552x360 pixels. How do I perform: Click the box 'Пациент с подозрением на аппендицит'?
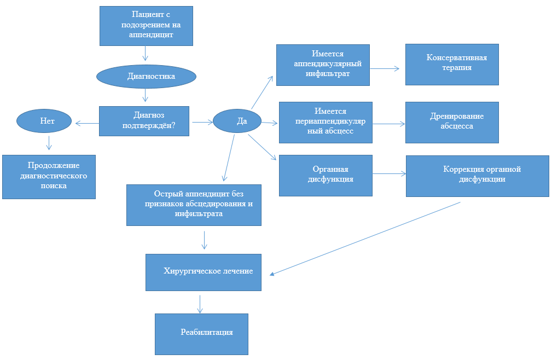click(x=146, y=26)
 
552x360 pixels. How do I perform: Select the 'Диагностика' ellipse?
click(x=146, y=77)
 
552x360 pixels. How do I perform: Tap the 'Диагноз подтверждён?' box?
click(x=144, y=121)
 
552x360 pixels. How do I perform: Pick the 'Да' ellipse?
click(x=237, y=121)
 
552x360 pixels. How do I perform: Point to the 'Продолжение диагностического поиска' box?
click(x=49, y=176)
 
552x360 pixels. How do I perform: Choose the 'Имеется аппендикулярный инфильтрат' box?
click(x=323, y=65)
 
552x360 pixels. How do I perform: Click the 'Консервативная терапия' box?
click(x=452, y=64)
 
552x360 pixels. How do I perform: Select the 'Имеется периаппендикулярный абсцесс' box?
click(x=326, y=122)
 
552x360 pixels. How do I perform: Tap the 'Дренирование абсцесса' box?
click(x=452, y=122)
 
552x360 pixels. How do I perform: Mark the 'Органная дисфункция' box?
click(x=326, y=175)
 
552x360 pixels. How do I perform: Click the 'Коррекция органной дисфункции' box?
click(x=477, y=175)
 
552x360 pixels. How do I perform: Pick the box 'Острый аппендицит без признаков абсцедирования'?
click(x=194, y=205)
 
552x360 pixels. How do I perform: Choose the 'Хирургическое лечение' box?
click(x=204, y=272)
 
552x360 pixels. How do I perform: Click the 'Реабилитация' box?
click(x=201, y=333)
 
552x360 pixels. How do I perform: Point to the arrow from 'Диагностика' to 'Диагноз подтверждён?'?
click(x=146, y=96)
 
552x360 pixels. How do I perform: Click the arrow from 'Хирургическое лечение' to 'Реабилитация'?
click(x=200, y=304)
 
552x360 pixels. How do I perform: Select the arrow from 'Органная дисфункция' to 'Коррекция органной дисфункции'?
click(x=389, y=174)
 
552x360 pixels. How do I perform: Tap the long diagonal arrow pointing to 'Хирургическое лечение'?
click(x=365, y=238)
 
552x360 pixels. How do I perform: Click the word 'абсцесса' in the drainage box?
click(x=457, y=126)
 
